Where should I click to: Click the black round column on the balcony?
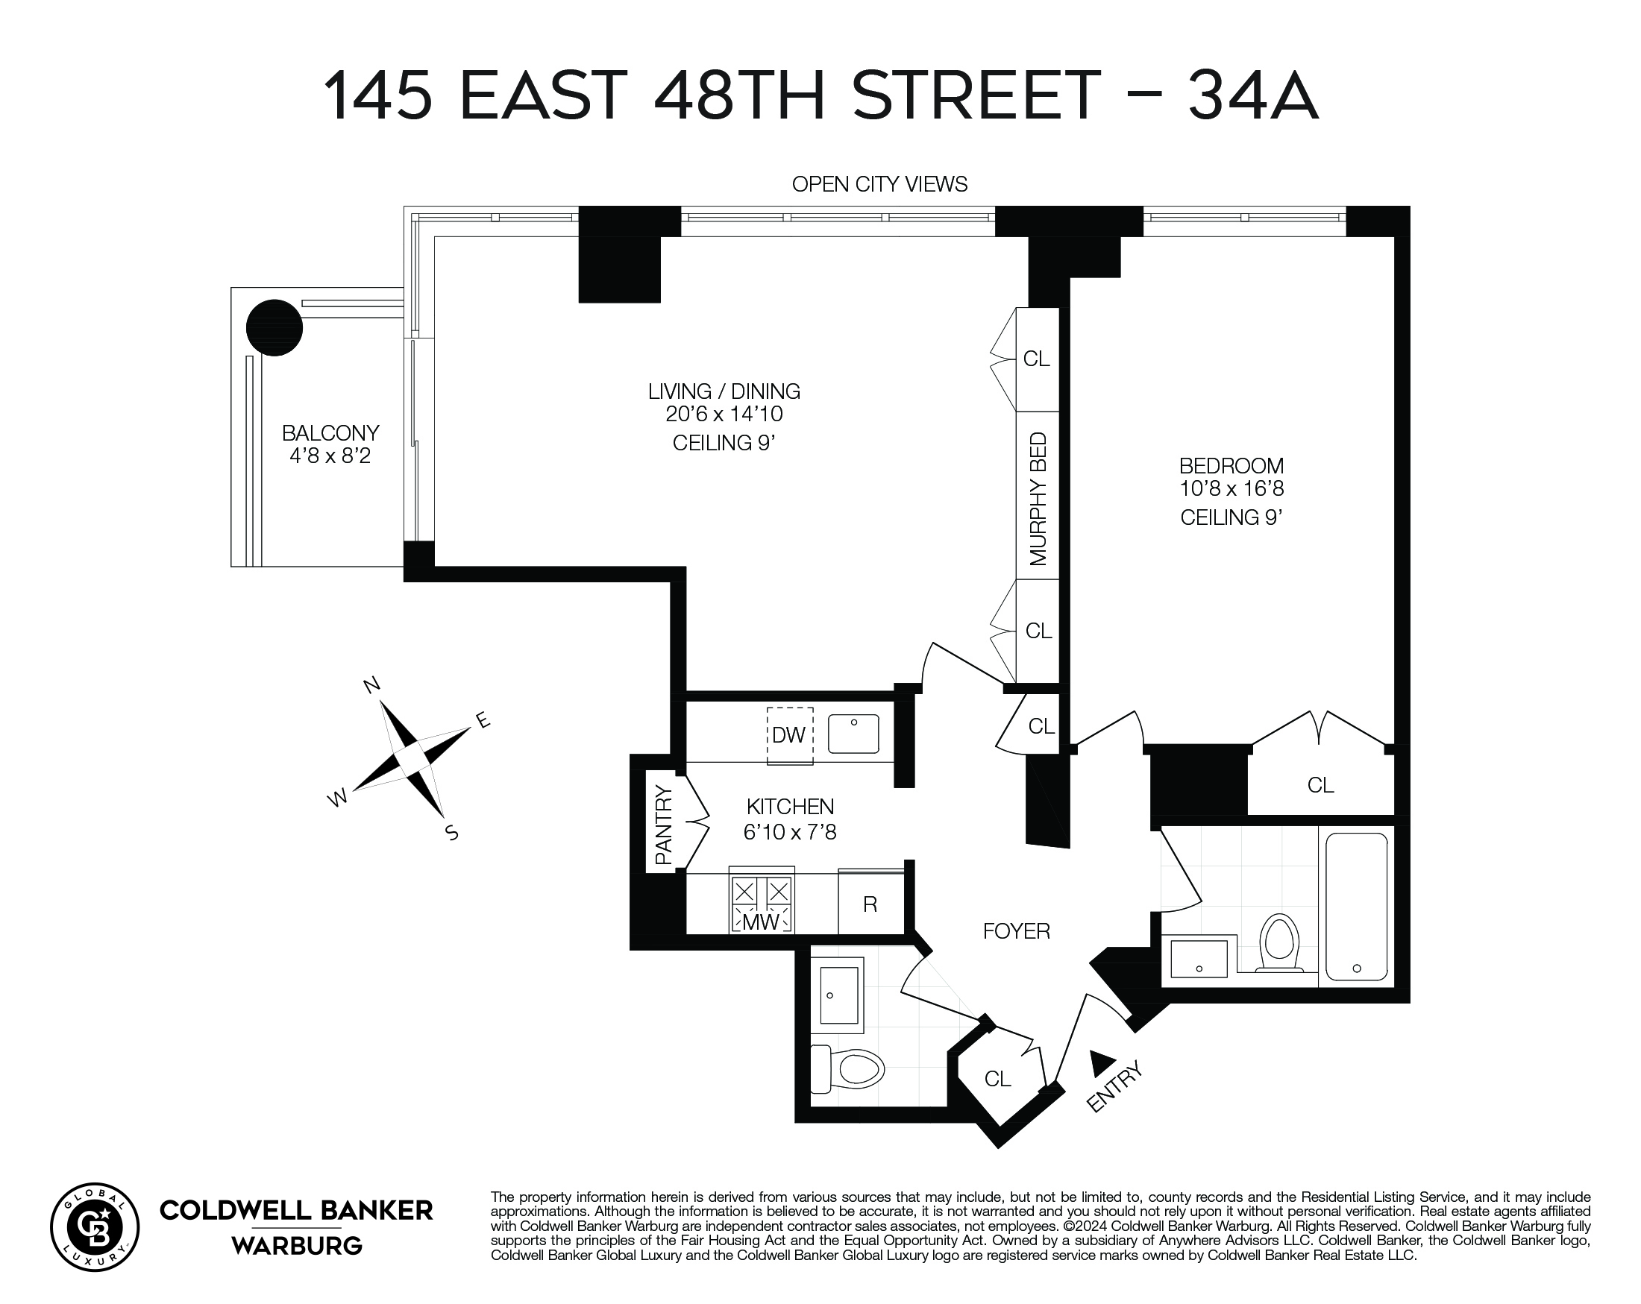pos(274,328)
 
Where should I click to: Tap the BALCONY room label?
pos(330,433)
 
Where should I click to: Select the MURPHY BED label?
pos(1038,499)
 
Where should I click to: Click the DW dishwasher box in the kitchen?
pos(789,735)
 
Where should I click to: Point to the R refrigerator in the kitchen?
pos(870,904)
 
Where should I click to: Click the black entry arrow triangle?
pos(1101,1063)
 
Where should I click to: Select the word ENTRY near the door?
pos(1115,1087)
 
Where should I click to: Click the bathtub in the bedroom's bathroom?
pos(1356,907)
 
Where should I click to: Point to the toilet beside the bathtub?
pos(1278,943)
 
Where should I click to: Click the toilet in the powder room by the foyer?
pos(851,1069)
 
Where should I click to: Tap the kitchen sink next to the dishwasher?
pos(853,734)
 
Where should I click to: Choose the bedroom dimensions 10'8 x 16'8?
pos(1231,488)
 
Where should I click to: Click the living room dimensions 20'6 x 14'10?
pos(724,415)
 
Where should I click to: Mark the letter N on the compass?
pos(371,685)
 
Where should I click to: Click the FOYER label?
pos(1016,931)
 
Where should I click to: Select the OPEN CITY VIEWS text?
pos(879,184)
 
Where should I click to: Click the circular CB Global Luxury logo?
pos(95,1227)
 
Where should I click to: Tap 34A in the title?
pos(1253,97)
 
